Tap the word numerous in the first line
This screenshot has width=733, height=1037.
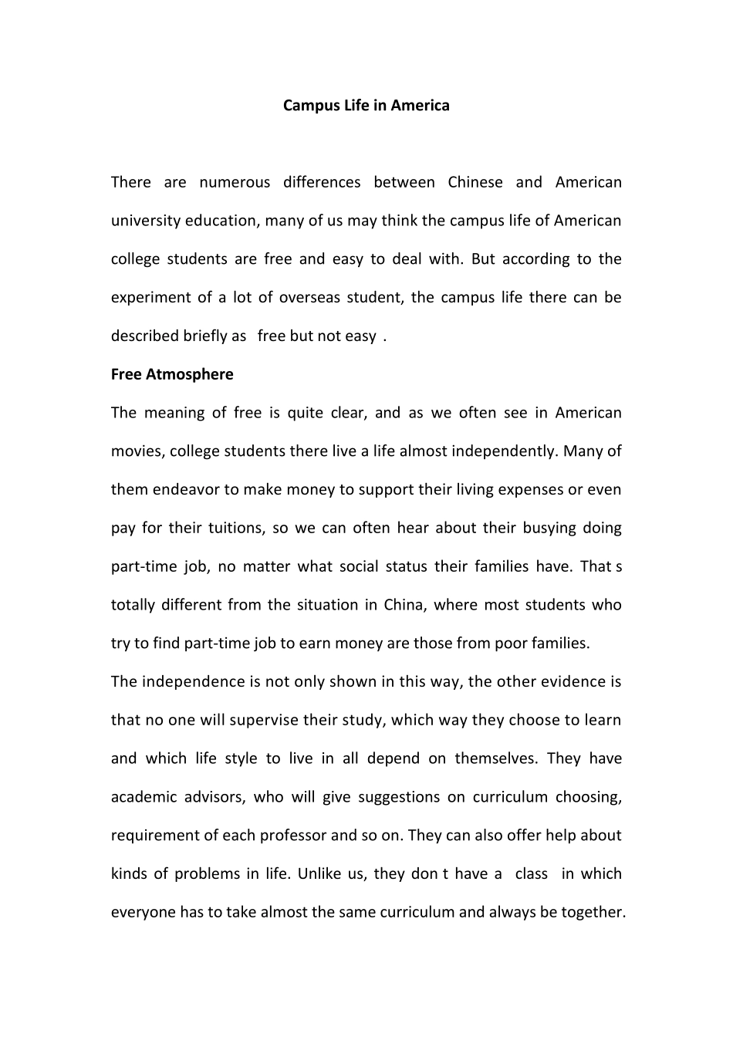tap(235, 183)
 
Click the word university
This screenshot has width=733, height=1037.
tap(147, 221)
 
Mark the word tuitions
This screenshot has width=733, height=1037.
tap(236, 529)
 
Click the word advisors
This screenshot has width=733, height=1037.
tap(214, 797)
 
